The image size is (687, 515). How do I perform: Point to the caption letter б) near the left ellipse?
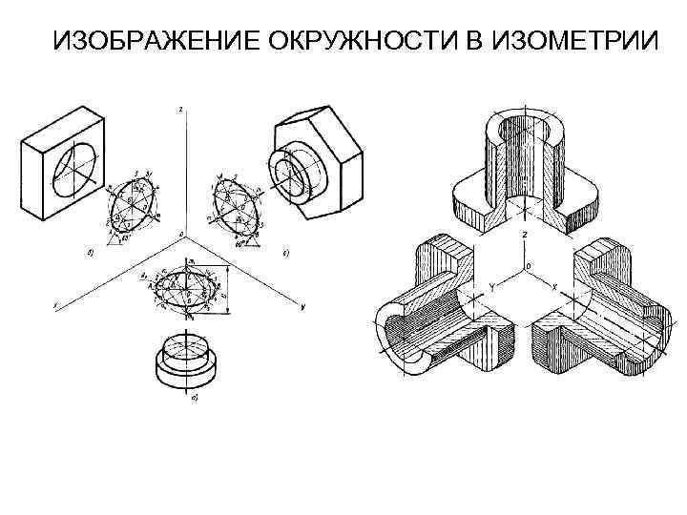[x=89, y=252]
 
